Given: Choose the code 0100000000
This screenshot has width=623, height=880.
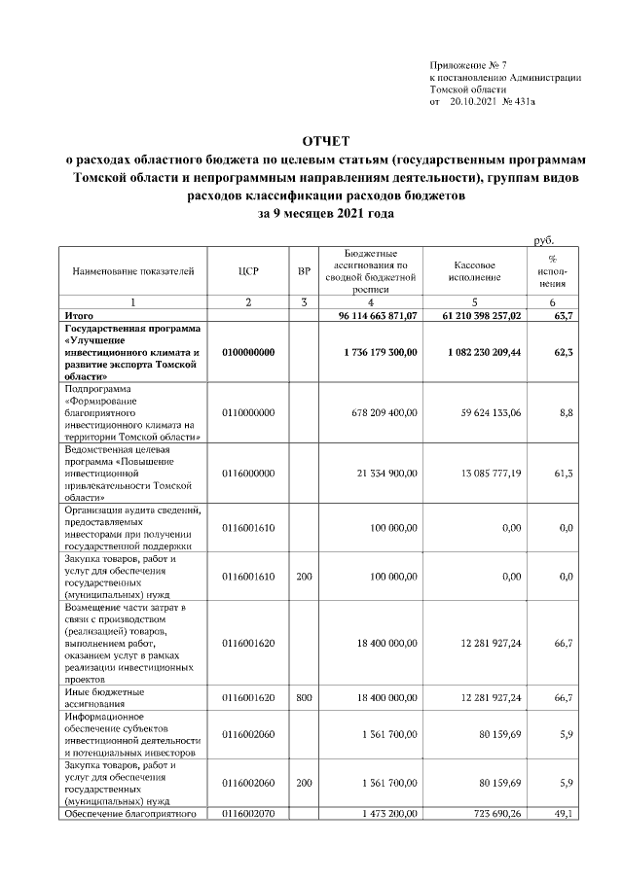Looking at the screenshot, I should click(247, 352).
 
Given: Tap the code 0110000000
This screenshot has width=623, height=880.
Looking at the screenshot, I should click(247, 413).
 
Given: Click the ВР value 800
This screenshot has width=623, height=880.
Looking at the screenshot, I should click(304, 696).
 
